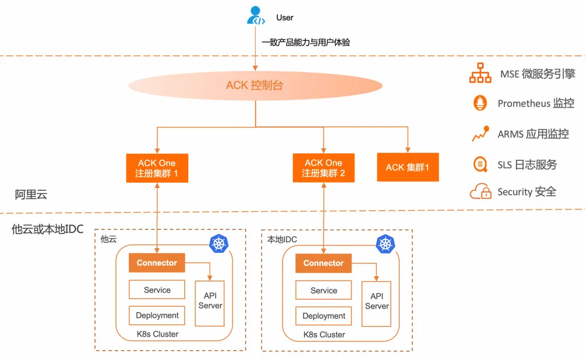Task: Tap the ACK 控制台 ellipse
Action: tap(254, 86)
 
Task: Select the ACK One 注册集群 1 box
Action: tap(157, 168)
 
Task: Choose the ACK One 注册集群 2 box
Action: tap(324, 168)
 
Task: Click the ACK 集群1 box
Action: tap(408, 167)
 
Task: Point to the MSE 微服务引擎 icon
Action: tap(480, 74)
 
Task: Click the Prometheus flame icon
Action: tap(480, 104)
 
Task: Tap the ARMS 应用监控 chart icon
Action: tap(480, 134)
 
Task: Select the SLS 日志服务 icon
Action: tap(480, 164)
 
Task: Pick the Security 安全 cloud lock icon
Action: tap(480, 191)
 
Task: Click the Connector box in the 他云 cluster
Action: tap(157, 263)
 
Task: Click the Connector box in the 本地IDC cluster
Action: tap(324, 263)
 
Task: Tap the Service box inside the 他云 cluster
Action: tap(157, 290)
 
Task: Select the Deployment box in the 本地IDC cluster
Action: tap(324, 316)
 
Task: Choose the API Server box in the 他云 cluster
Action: tap(210, 301)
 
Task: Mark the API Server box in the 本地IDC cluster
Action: tap(377, 302)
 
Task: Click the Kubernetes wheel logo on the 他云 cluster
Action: tap(219, 244)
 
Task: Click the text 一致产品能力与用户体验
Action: tap(306, 42)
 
